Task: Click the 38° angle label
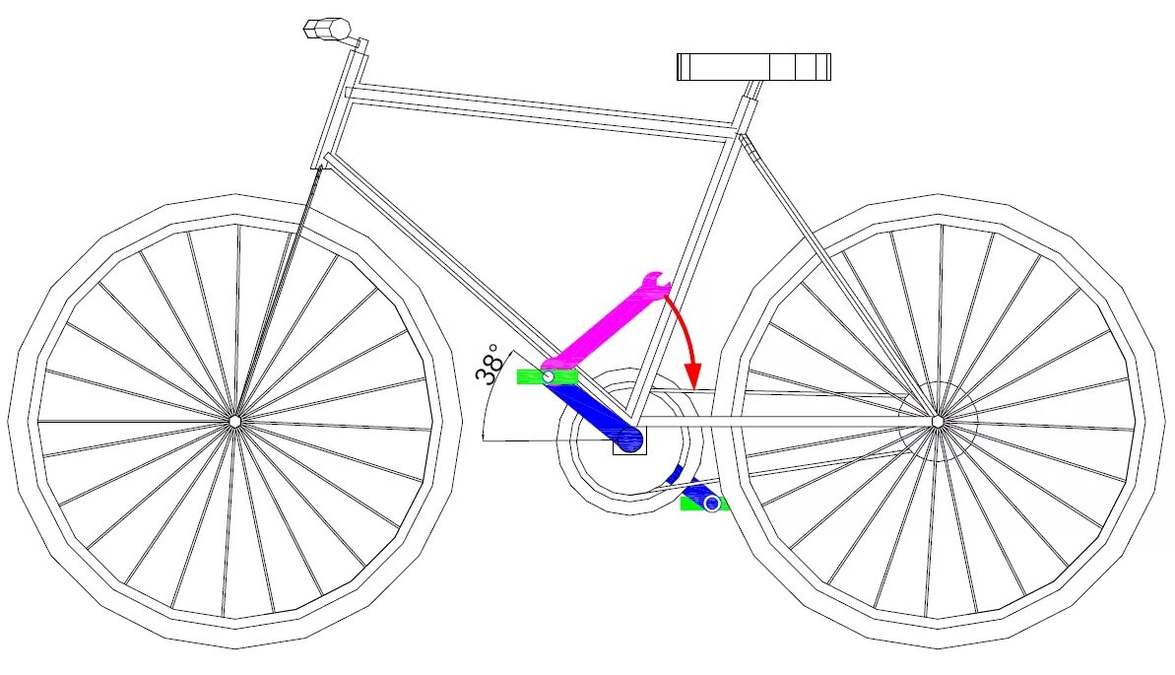(489, 365)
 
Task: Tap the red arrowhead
(692, 375)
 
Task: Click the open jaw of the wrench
(657, 282)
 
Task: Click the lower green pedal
(704, 504)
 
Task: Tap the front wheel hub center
(234, 421)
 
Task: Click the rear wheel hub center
(938, 421)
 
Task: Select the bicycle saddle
(754, 67)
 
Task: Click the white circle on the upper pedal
(549, 375)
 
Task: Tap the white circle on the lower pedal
(712, 504)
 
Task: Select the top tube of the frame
(542, 105)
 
